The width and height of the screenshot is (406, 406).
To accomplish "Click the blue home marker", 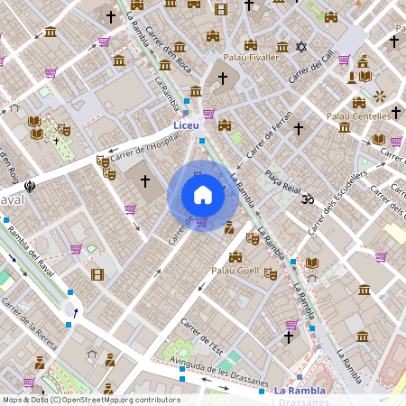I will coord(202,195).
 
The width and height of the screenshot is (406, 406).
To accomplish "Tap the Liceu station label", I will coord(188,125).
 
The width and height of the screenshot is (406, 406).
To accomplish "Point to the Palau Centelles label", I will coord(358,116).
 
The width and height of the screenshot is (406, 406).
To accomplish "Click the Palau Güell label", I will coord(234,271).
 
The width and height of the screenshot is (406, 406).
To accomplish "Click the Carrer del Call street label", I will coord(311,69).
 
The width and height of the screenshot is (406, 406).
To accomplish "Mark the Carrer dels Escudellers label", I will coord(338,201).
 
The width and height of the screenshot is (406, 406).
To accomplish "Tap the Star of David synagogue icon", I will coord(301,47).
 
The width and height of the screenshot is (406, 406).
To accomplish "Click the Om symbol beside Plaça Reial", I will coord(306,197).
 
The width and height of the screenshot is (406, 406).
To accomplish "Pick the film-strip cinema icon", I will coord(97,274).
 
